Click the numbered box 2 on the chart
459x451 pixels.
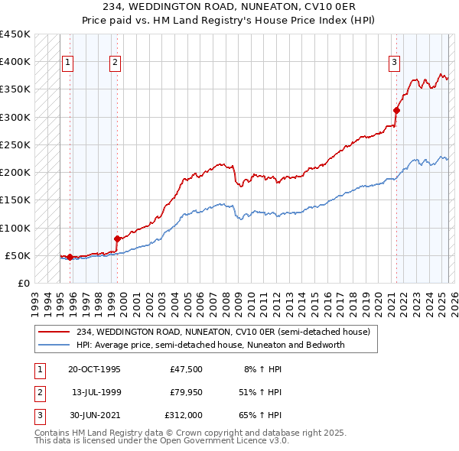pos(116,63)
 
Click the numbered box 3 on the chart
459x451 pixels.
pos(394,63)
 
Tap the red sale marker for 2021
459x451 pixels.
pos(397,110)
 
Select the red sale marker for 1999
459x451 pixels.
pos(117,238)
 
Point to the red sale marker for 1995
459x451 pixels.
pos(70,257)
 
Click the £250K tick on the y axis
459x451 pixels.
pos(15,144)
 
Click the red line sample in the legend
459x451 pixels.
pos(55,332)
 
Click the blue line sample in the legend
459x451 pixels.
pos(55,345)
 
